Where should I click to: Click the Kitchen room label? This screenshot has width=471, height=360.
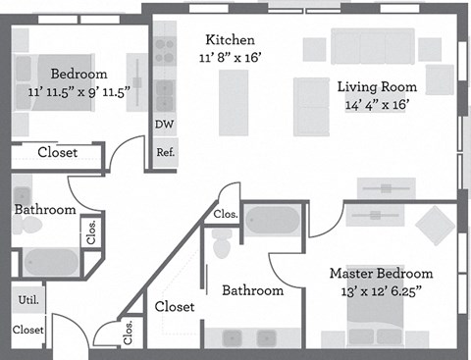tap(230, 40)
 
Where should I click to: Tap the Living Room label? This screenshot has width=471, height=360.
tap(377, 85)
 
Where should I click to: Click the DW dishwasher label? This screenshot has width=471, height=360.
tap(164, 125)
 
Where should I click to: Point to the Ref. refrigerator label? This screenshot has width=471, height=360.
tap(165, 153)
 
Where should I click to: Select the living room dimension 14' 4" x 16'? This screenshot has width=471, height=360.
tap(377, 102)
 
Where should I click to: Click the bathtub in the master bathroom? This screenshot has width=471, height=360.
tap(273, 221)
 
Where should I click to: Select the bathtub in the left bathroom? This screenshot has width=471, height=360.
tap(50, 263)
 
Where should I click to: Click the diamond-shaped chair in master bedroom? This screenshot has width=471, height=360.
tap(434, 226)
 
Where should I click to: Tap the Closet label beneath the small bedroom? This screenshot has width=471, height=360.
tap(57, 152)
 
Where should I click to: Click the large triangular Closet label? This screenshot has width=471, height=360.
tap(175, 307)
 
